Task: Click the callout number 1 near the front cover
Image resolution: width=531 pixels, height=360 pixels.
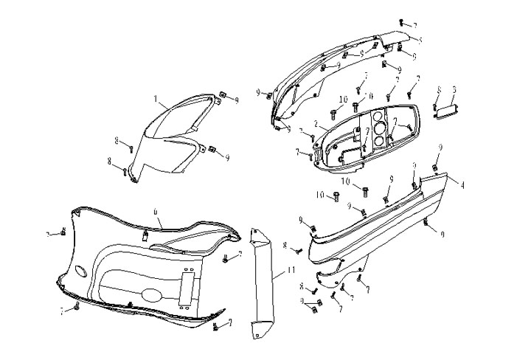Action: pyautogui.click(x=156, y=98)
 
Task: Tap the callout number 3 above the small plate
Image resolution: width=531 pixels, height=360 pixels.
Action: pyautogui.click(x=454, y=90)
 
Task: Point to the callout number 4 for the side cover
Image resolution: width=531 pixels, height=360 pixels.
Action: pyautogui.click(x=462, y=186)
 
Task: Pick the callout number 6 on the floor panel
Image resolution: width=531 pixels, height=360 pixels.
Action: pyautogui.click(x=156, y=211)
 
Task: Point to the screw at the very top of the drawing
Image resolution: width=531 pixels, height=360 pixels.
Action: pyautogui.click(x=400, y=23)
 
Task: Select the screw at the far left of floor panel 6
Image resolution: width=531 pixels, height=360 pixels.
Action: pyautogui.click(x=63, y=233)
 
